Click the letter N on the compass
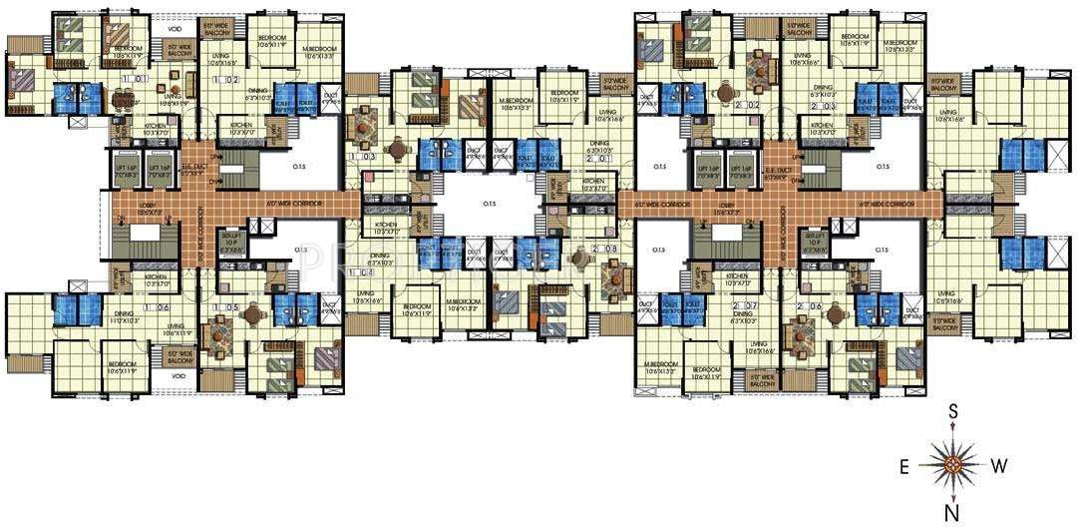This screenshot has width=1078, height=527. click(953, 512)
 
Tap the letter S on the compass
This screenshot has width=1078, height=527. click(953, 411)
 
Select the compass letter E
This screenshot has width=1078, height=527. click(903, 465)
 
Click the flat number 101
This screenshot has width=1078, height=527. click(136, 78)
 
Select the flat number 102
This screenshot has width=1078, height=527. click(227, 79)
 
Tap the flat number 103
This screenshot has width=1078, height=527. click(367, 157)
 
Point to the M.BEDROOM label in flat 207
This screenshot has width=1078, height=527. click(661, 363)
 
